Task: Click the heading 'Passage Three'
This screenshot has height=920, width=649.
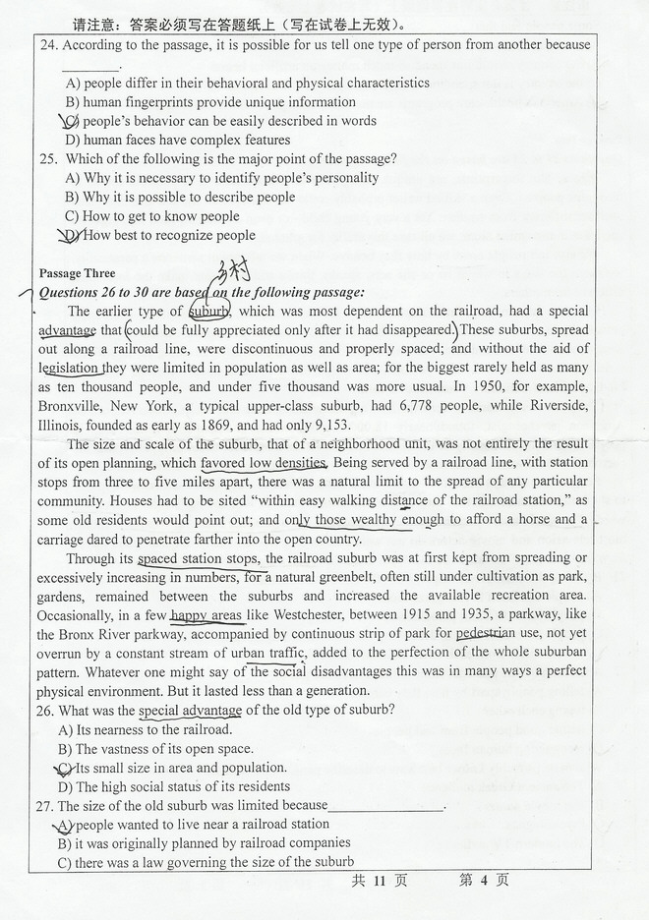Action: click(77, 273)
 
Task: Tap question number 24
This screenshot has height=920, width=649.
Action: click(46, 45)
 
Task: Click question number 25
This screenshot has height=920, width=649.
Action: click(46, 159)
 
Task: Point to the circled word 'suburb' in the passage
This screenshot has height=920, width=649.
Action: click(208, 312)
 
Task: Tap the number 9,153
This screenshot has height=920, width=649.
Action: click(327, 425)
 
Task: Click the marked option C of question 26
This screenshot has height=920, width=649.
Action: click(66, 768)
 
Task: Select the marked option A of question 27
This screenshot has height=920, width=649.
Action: click(66, 825)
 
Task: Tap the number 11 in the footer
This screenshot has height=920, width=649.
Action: click(380, 881)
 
